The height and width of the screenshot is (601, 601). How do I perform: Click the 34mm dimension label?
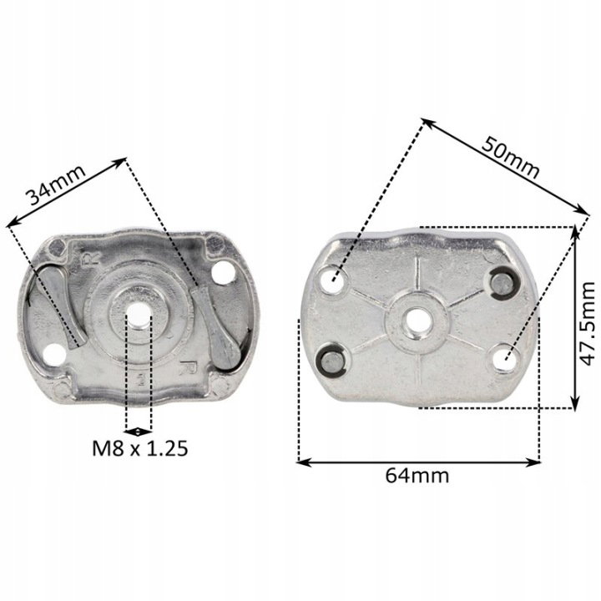coord(55,184)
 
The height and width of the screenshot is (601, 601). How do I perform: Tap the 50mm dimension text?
coord(510,157)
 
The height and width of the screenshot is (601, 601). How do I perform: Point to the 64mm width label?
coord(417,476)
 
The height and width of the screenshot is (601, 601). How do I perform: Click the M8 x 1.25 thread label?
coord(140,448)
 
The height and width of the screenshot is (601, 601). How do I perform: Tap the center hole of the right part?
coord(417,322)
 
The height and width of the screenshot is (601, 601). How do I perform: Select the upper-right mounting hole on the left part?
coord(224,272)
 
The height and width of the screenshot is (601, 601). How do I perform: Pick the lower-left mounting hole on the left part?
coord(53,355)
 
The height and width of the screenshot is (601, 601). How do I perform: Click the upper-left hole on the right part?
coord(333,279)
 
